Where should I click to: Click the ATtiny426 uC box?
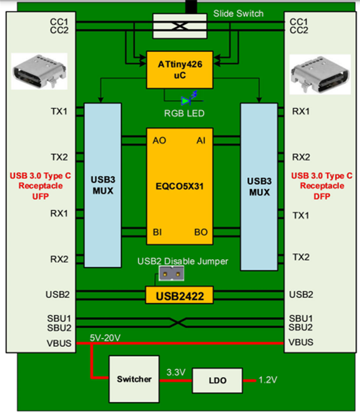pyautogui.click(x=179, y=70)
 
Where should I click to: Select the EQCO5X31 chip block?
pyautogui.click(x=179, y=186)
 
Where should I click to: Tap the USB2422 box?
pyautogui.click(x=179, y=296)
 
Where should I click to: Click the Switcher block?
pyautogui.click(x=134, y=379)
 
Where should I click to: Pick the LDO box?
pyautogui.click(x=217, y=381)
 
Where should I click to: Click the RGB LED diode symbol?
pyautogui.click(x=187, y=101)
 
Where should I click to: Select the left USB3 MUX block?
pyautogui.click(x=103, y=185)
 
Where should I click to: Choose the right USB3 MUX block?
pyautogui.click(x=259, y=186)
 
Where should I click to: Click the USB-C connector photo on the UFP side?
pyautogui.click(x=39, y=71)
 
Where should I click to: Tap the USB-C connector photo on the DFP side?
pyautogui.click(x=320, y=74)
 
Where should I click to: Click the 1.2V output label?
pyautogui.click(x=268, y=380)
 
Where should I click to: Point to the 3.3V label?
pyautogui.click(x=176, y=372)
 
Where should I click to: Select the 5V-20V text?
pyautogui.click(x=105, y=338)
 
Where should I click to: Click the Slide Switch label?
pyautogui.click(x=238, y=14)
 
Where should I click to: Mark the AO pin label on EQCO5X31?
pyautogui.click(x=159, y=140)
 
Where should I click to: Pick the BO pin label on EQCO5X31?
pyautogui.click(x=201, y=232)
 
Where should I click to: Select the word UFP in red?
pyautogui.click(x=40, y=196)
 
